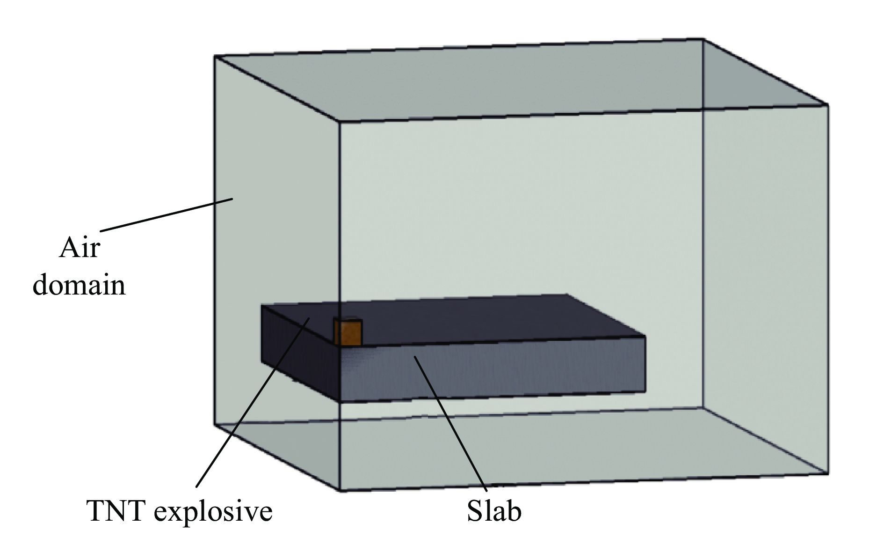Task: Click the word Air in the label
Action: click(80, 247)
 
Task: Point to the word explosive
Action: click(213, 511)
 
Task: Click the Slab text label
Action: click(494, 510)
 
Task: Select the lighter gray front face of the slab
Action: click(492, 372)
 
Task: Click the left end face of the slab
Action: click(300, 352)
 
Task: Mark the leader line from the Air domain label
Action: click(166, 215)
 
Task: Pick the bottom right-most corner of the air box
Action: click(828, 474)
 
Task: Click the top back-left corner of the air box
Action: click(215, 56)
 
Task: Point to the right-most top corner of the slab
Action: click(646, 336)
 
